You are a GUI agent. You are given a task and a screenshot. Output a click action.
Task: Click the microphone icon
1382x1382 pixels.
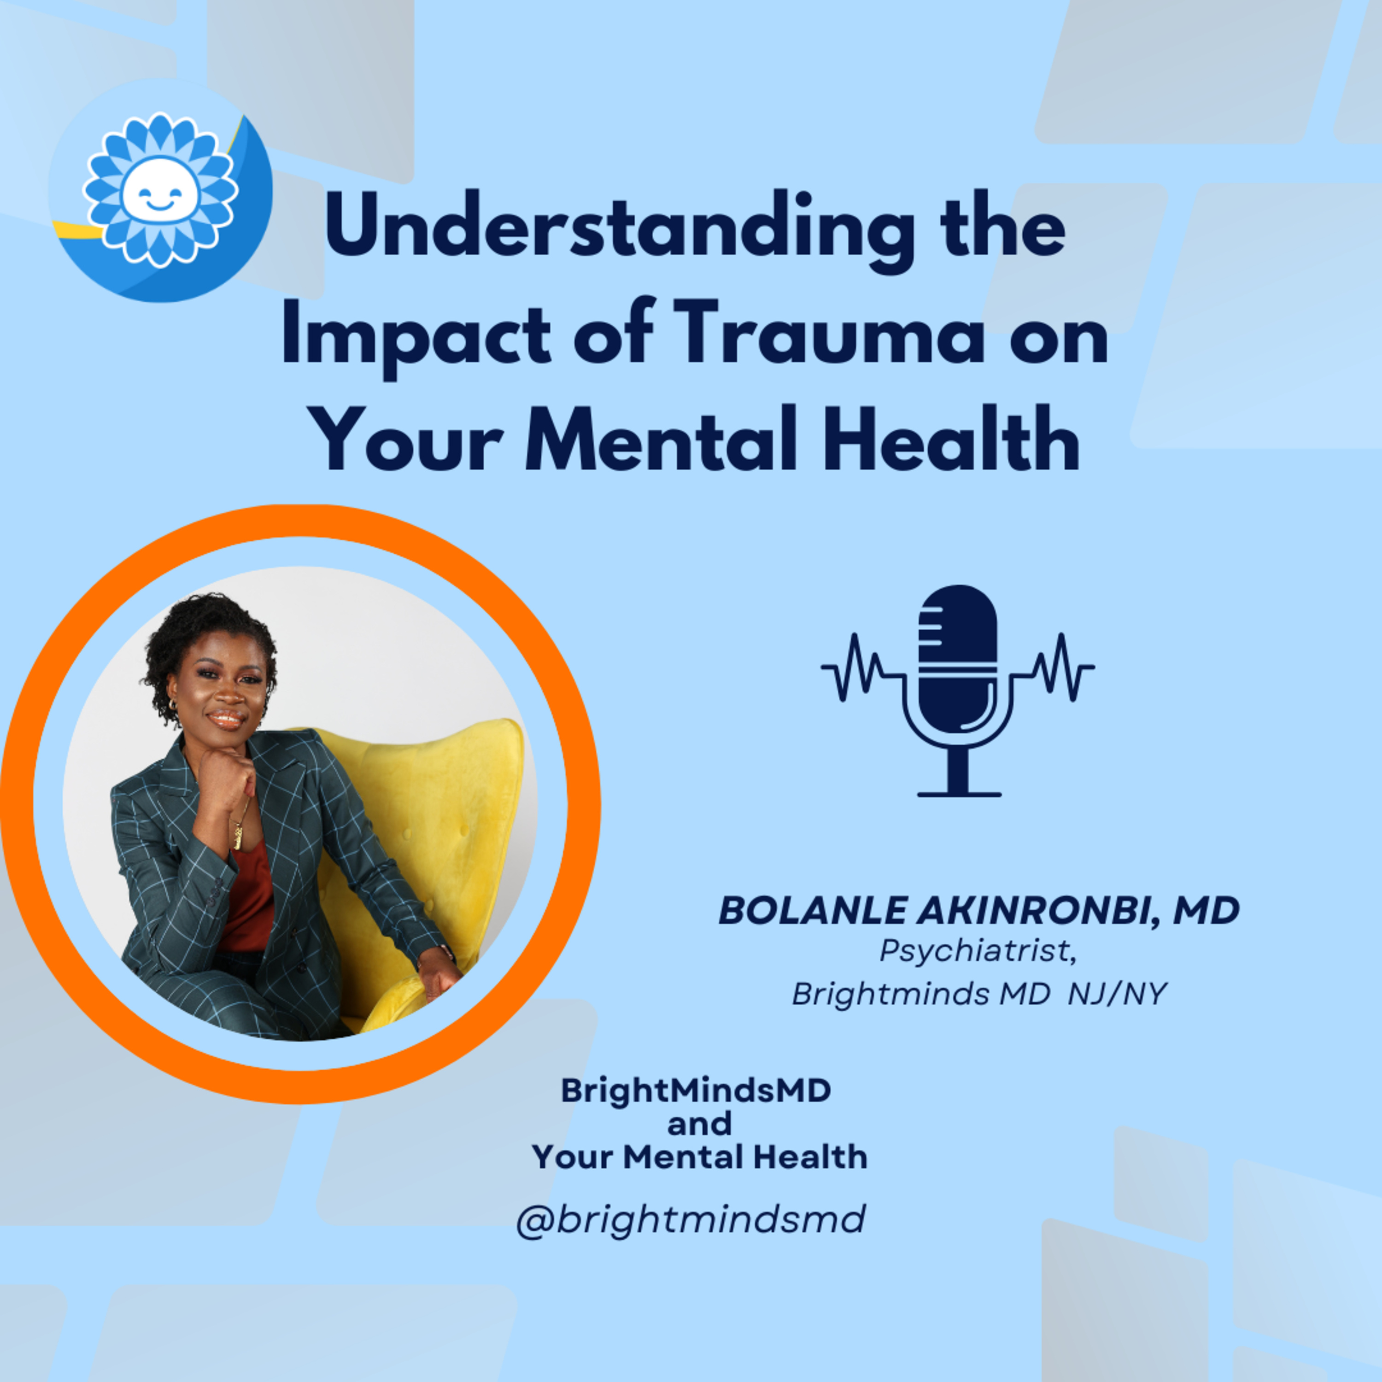point(957,690)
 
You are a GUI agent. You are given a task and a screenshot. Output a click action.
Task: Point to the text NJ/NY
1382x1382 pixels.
point(1117,994)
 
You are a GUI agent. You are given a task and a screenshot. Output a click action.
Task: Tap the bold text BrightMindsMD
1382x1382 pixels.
point(696,1090)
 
